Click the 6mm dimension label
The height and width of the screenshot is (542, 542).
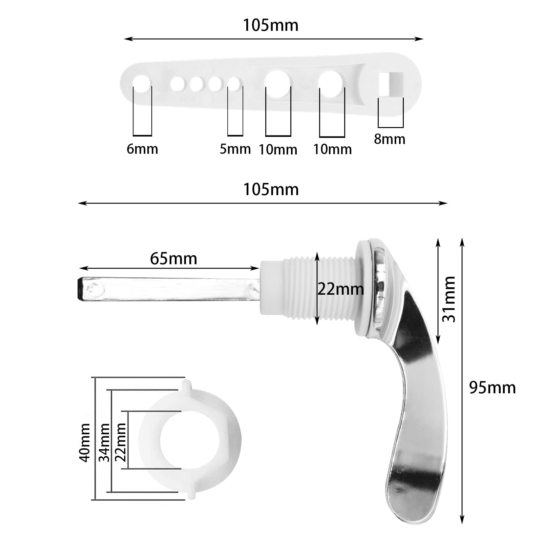142,149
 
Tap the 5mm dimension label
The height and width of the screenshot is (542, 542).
235,149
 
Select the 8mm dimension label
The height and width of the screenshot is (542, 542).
390,139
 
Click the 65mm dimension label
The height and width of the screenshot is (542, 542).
173,259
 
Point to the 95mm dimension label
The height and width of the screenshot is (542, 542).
492,388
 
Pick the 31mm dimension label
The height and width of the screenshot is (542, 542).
449,299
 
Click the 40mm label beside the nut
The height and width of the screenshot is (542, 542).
84,442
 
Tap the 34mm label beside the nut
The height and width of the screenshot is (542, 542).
104,442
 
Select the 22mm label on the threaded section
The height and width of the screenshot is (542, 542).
340,289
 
